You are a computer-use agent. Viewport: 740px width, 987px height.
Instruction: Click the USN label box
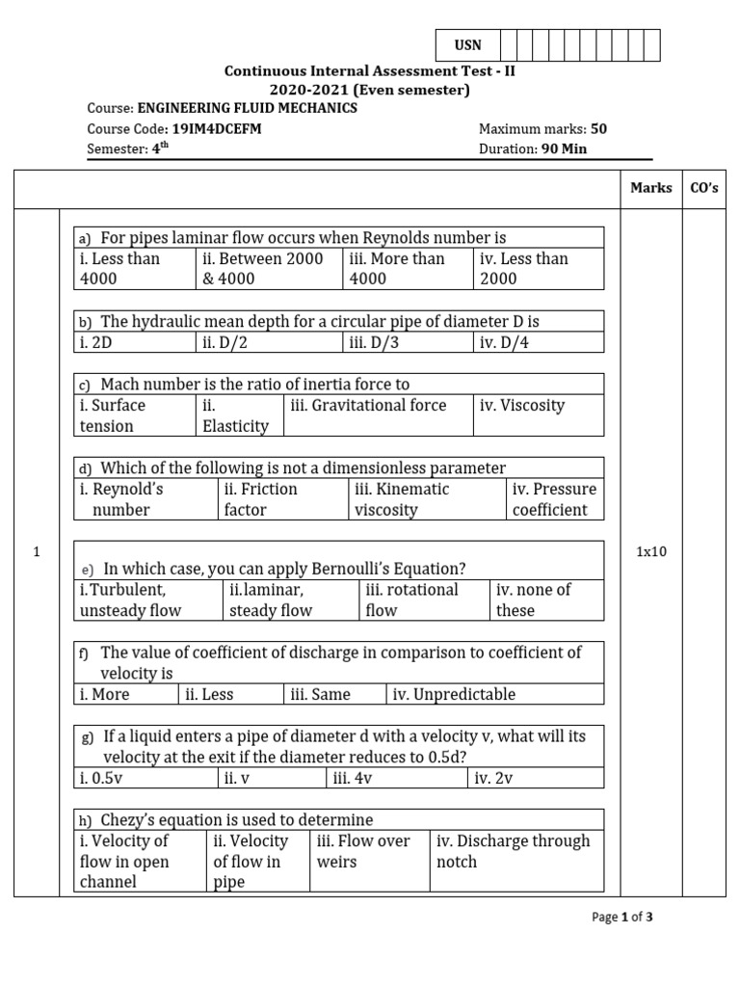pos(468,45)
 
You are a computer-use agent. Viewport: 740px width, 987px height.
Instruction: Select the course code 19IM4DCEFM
pos(217,128)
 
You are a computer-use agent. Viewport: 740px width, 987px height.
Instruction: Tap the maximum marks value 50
pos(598,128)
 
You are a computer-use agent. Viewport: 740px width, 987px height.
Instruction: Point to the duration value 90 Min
pos(564,148)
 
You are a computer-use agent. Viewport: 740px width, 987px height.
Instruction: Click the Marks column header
pos(651,188)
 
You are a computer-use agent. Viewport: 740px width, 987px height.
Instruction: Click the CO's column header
pos(704,188)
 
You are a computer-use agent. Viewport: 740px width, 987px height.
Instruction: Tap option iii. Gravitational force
pos(368,406)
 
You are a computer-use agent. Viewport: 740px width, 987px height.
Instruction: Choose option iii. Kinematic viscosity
pos(402,499)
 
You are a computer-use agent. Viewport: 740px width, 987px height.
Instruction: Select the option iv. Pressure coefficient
pos(554,499)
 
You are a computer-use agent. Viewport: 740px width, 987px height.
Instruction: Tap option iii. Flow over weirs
pos(363,851)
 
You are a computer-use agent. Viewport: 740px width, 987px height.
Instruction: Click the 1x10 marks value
pos(651,552)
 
